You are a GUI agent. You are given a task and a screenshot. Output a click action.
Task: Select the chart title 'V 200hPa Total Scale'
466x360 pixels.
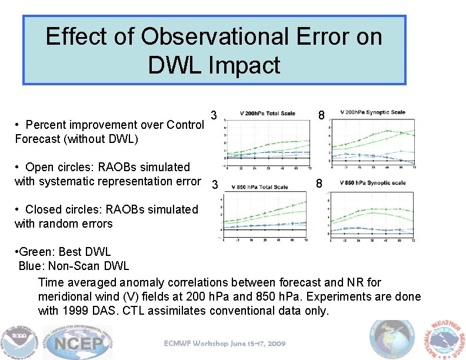tap(268, 114)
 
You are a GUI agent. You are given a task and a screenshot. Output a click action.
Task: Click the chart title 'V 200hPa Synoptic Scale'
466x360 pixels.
tap(372, 112)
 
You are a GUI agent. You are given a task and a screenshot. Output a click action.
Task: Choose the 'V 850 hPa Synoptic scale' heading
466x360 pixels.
tap(372, 183)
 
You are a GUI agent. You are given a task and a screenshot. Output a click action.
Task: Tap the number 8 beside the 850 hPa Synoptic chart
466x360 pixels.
tap(319, 184)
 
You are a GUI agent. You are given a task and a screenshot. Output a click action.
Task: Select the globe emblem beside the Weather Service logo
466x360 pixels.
tap(392, 340)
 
